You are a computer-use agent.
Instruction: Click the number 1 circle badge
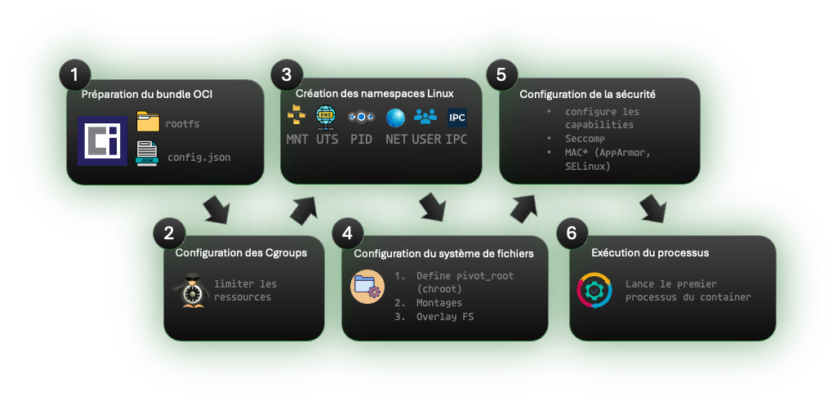(74, 76)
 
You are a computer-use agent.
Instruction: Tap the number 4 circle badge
(348, 233)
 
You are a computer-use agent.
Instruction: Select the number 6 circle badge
(571, 233)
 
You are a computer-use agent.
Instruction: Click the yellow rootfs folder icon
(148, 123)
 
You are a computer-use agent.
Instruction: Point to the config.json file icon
(147, 154)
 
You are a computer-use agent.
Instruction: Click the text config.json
(198, 156)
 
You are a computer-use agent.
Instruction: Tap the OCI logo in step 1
(102, 140)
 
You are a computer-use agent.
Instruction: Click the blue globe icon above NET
(395, 118)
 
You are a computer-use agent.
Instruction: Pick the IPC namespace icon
(457, 118)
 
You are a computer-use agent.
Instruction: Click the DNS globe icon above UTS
(326, 118)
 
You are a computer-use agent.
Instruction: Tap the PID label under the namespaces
(361, 139)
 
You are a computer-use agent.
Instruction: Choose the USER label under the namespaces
(426, 139)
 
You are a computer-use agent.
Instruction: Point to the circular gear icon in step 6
(594, 291)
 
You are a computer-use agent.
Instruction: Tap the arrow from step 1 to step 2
(216, 209)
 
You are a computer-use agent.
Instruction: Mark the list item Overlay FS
(445, 316)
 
